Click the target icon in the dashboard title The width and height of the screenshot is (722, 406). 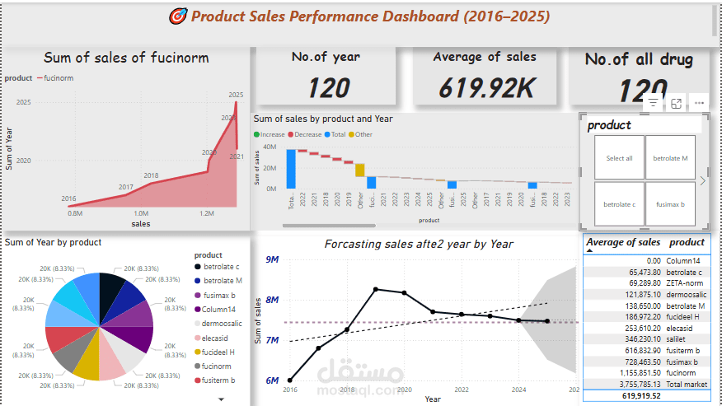[177, 16]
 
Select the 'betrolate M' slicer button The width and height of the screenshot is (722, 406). [670, 158]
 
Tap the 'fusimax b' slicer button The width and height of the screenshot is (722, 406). [670, 204]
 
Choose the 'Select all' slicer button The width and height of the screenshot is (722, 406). [619, 158]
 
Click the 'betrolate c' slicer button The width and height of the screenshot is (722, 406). [619, 204]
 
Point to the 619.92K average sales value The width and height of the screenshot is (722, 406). [485, 86]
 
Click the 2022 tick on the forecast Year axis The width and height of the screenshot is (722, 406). [462, 389]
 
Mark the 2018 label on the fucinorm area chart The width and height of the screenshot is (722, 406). [151, 175]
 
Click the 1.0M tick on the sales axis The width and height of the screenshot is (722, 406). [142, 213]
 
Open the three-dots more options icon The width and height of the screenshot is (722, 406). [699, 103]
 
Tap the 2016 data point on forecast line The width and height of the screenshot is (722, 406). [290, 380]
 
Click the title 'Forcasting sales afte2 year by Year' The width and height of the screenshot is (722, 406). [418, 244]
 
